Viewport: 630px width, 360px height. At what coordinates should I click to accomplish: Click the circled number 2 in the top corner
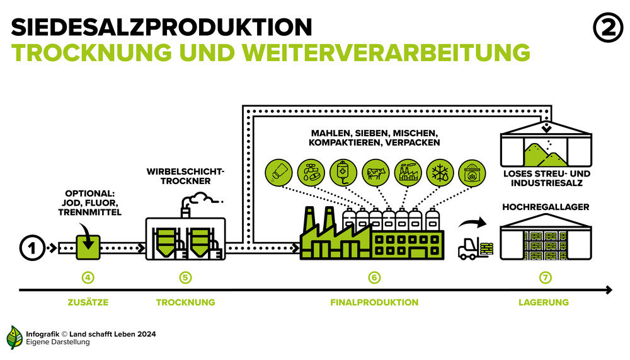pyautogui.click(x=607, y=28)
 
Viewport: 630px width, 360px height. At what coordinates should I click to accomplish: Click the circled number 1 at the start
pyautogui.click(x=32, y=248)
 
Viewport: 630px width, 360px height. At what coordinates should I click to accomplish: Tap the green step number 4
pyautogui.click(x=88, y=277)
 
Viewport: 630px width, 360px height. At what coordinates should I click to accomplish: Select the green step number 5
pyautogui.click(x=185, y=277)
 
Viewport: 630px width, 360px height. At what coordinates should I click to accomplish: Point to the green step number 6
pyautogui.click(x=374, y=277)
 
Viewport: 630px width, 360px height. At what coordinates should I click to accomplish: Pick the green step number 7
pyautogui.click(x=545, y=277)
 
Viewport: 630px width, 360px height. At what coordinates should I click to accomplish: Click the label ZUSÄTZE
pyautogui.click(x=88, y=302)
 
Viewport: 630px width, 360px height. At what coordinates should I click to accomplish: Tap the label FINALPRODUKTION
pyautogui.click(x=374, y=302)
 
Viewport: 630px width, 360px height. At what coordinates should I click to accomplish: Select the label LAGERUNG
pyautogui.click(x=544, y=302)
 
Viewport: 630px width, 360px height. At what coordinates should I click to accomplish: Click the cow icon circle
pyautogui.click(x=375, y=173)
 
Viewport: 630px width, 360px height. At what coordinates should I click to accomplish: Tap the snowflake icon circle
pyautogui.click(x=440, y=173)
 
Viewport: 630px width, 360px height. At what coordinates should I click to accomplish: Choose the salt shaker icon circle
pyautogui.click(x=279, y=173)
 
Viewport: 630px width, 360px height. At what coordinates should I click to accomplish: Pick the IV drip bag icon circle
pyautogui.click(x=343, y=173)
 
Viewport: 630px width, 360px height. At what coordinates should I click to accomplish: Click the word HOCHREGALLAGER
pyautogui.click(x=546, y=207)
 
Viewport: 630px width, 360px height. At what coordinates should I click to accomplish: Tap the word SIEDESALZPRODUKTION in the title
pyautogui.click(x=161, y=27)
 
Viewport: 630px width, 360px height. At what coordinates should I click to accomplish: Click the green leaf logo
pyautogui.click(x=14, y=337)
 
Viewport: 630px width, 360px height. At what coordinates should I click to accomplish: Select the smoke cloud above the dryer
pyautogui.click(x=200, y=199)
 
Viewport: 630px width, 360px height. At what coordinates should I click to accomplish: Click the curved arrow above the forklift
pyautogui.click(x=473, y=222)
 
